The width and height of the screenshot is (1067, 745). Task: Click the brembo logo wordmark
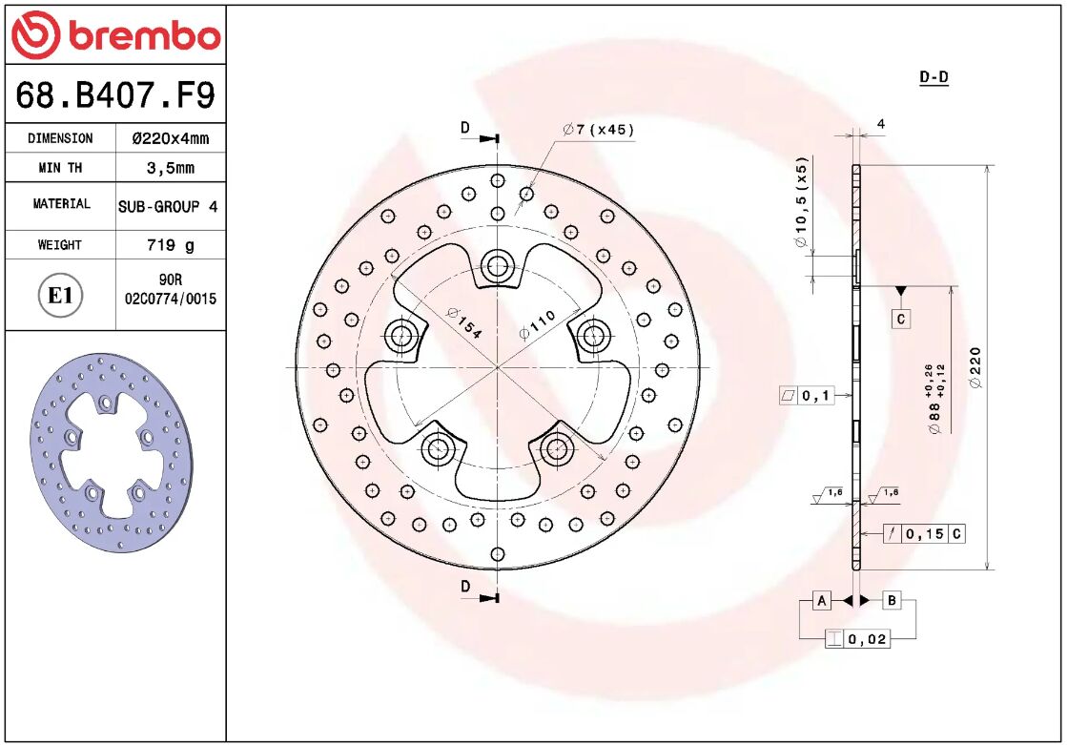coord(115,35)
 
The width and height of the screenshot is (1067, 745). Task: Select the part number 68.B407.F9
coord(115,95)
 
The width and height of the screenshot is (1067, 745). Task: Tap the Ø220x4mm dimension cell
coord(170,138)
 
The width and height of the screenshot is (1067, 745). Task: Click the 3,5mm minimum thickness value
coord(170,168)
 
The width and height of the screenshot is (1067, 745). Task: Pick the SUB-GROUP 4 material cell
coord(170,206)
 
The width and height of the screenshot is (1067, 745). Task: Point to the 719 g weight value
coord(170,245)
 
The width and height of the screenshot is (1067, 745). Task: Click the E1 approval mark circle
coord(61,296)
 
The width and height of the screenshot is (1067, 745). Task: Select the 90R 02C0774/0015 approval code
coord(170,290)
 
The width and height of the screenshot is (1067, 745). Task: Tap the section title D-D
coord(934,77)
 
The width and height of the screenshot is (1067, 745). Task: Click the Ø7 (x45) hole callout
coord(598,130)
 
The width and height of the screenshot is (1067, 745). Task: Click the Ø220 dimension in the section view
coord(975,368)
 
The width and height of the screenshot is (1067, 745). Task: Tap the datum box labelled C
coord(901,319)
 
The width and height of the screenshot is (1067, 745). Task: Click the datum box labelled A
coord(821,600)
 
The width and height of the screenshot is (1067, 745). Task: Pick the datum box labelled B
coord(892,600)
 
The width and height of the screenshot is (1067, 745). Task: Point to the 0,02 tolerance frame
coord(857,638)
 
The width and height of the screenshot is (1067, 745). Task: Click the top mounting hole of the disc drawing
coord(497,265)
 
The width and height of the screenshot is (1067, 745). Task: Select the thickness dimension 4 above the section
coord(881,123)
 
